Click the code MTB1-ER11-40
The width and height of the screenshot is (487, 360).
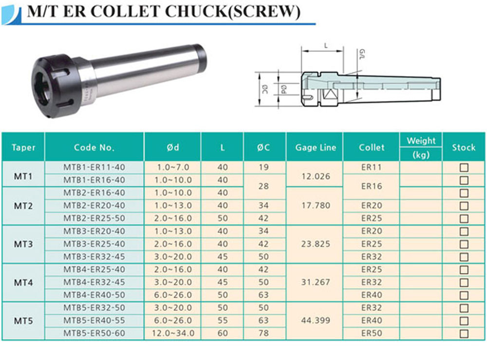click(94, 167)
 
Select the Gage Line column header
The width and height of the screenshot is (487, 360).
click(316, 147)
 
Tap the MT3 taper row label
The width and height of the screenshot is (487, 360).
click(23, 244)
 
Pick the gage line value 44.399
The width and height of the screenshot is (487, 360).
click(316, 320)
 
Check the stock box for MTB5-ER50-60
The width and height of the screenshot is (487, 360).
click(464, 334)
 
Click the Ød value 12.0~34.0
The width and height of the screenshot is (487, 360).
click(173, 333)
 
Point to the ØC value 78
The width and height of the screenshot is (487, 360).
click(263, 333)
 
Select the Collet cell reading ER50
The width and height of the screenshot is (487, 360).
click(372, 333)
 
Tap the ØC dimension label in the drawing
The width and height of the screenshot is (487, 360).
click(265, 90)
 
